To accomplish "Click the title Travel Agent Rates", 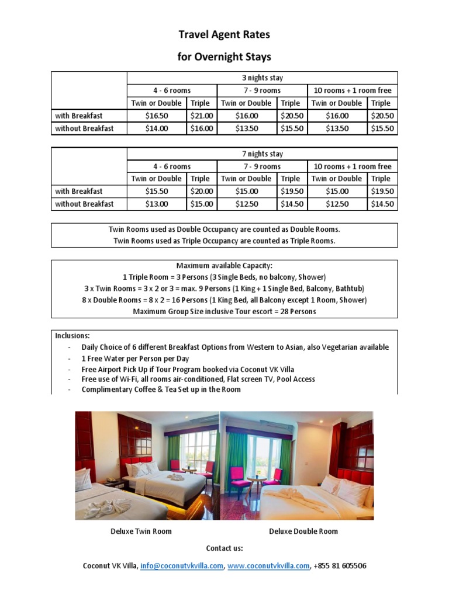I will pos(224,35).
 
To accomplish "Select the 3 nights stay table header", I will pos(262,78).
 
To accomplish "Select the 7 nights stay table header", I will pos(262,154).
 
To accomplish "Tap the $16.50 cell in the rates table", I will pos(156,116).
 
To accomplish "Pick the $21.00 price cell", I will pos(202,116).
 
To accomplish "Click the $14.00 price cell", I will pos(156,128).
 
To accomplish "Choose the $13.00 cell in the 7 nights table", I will pos(156,204).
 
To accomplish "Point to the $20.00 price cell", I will pos(202,191).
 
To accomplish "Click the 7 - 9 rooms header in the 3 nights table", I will pos(262,91).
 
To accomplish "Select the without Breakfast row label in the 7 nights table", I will pos(84,204).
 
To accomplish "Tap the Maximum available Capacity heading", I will pos(224,266).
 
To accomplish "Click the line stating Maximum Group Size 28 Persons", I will pos(224,311).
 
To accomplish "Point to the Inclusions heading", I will pos(72,336).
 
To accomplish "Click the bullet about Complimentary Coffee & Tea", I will pos(161,389).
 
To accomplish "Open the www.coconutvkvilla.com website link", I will pos(268,566).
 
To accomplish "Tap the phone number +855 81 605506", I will pos(340,566).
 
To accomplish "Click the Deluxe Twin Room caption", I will pos(141,531).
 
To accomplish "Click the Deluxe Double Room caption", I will pos(303,531).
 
